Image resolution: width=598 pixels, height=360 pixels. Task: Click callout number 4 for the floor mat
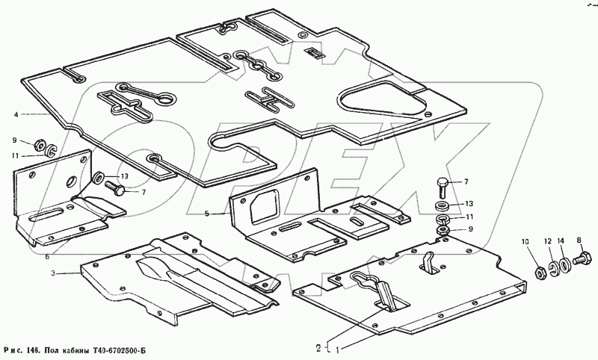[16, 114]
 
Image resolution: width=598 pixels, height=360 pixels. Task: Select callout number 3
[53, 273]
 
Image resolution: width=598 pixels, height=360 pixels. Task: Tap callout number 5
[207, 214]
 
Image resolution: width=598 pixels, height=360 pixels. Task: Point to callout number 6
[47, 257]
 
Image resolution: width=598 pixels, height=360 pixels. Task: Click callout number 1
[337, 348]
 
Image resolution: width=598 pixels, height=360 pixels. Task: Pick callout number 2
[318, 348]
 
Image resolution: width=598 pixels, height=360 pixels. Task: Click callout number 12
[548, 241]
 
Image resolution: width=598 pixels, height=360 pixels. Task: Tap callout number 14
[560, 241]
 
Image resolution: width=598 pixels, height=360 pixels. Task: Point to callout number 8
[579, 240]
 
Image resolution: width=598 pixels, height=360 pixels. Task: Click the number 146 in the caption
[31, 350]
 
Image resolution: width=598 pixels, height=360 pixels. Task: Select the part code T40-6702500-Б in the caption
[120, 350]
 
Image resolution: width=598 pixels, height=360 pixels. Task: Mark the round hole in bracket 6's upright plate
[72, 181]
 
